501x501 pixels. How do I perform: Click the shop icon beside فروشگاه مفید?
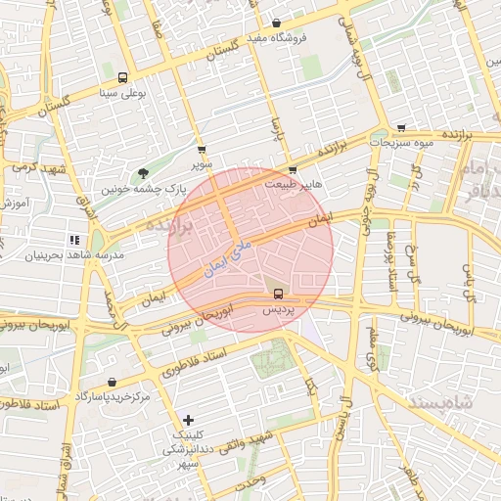coord(276,23)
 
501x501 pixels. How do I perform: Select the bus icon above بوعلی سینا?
coord(122,78)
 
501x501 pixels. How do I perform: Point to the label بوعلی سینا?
coord(122,94)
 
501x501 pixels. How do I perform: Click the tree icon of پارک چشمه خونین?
coord(144,173)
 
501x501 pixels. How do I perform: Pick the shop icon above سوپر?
coord(202,151)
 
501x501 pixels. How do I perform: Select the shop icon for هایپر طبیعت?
coord(293,169)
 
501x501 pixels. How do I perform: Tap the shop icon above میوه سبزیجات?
coord(401,128)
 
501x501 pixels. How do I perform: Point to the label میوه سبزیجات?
coord(401,143)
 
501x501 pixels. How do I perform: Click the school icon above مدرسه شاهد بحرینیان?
coord(74,240)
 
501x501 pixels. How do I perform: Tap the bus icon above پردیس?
coord(278,294)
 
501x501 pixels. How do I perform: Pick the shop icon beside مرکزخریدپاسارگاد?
coord(112,383)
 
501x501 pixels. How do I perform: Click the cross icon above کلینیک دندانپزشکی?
coord(189,420)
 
